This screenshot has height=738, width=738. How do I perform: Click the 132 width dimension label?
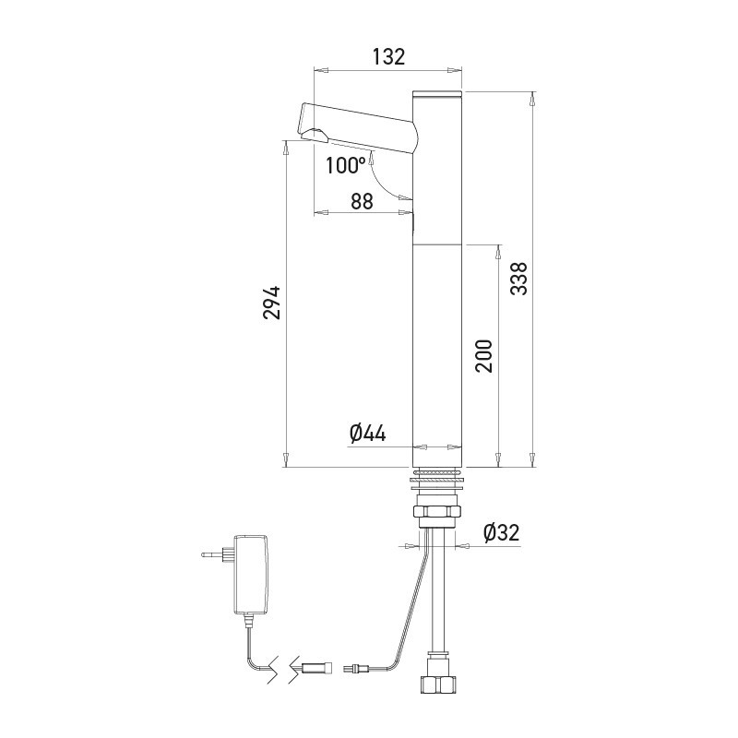(x=388, y=56)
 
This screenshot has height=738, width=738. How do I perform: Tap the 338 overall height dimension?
(x=519, y=279)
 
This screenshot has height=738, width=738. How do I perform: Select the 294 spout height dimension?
(x=271, y=303)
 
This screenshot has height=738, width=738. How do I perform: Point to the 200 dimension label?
(x=483, y=356)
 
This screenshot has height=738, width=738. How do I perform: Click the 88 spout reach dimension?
(x=362, y=201)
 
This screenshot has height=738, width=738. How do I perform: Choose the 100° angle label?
(x=346, y=165)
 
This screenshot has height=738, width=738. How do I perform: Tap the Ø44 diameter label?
(x=367, y=433)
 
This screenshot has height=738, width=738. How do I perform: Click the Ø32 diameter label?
(x=501, y=532)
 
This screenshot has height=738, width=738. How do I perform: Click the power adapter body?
(x=251, y=574)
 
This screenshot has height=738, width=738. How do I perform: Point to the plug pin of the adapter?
(x=213, y=554)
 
